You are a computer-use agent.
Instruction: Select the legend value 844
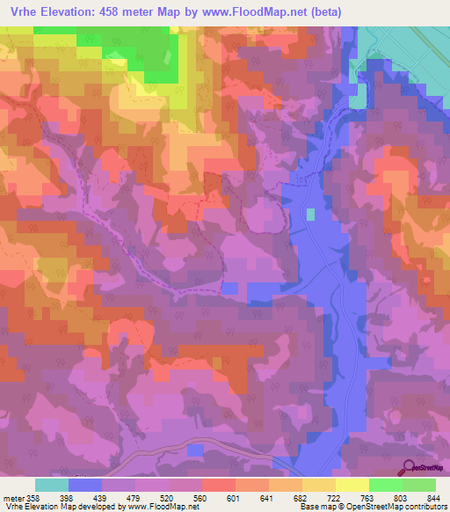tap(433, 498)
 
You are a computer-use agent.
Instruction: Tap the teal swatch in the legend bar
tap(52, 485)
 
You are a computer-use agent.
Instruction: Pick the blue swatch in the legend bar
tap(85, 485)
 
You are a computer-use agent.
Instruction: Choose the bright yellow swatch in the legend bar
tap(352, 485)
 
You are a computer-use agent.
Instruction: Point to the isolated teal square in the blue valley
tap(310, 214)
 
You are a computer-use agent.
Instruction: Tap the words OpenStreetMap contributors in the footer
tap(394, 508)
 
